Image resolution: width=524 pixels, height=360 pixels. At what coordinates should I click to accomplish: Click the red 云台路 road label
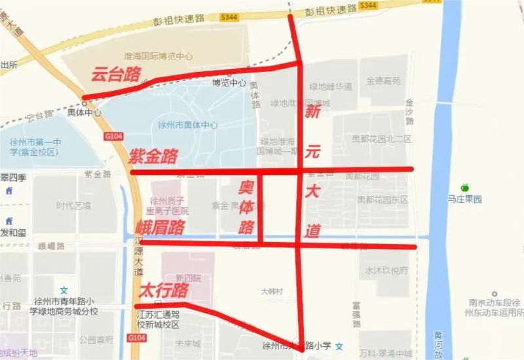point(115,75)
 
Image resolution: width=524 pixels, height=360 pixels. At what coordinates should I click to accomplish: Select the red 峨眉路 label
point(160,228)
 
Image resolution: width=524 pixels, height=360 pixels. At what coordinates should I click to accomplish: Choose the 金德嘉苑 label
point(383,82)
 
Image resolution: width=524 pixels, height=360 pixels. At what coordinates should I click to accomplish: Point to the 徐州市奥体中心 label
point(187,126)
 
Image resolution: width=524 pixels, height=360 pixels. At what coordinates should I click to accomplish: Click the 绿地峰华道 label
point(331,86)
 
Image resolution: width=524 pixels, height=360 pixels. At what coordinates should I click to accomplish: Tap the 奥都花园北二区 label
point(382,139)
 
